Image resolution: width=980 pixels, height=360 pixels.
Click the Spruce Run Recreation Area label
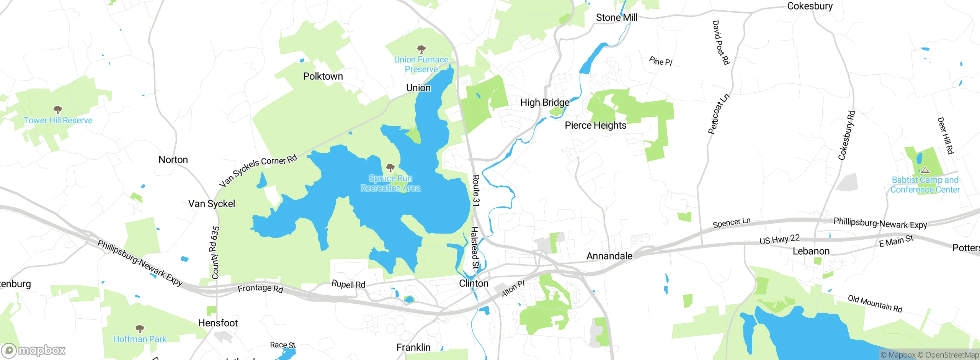point(390,183)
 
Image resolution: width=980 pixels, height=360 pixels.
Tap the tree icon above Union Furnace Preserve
point(421,49)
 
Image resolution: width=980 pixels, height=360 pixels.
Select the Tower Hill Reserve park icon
point(58,110)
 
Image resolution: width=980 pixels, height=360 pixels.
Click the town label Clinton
point(474,283)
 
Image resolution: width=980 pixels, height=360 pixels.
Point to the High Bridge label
point(544,103)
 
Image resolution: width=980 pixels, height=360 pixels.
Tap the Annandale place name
point(609,256)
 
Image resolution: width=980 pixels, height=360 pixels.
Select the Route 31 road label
point(476,190)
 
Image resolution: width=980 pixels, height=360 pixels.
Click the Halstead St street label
point(475,247)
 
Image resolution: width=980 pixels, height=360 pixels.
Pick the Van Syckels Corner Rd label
point(258,170)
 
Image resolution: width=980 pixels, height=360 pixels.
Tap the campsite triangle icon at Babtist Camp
point(925,170)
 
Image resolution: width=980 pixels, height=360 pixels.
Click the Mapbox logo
point(34,350)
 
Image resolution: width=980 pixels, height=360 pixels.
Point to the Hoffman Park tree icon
point(140,329)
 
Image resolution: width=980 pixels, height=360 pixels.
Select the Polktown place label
point(323,76)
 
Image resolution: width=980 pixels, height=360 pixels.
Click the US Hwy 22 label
point(779,239)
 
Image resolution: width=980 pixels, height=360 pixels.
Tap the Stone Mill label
point(616,18)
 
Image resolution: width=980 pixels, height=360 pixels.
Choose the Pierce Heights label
point(595,126)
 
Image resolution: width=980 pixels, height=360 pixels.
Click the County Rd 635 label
point(216,252)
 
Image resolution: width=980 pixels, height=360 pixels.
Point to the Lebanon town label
point(811,251)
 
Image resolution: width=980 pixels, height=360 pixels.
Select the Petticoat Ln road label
point(719,114)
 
